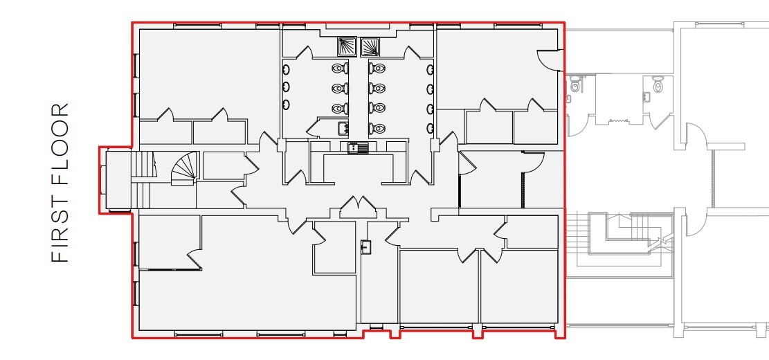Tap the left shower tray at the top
(347, 46)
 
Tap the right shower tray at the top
(370, 46)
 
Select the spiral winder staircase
(184, 169)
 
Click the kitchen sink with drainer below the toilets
(358, 147)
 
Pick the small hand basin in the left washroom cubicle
(342, 127)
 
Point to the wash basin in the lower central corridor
(365, 246)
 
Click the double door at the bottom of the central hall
(356, 207)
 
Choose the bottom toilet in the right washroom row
(377, 128)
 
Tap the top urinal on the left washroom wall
(286, 69)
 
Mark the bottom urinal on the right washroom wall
(430, 128)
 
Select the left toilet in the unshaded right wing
(575, 85)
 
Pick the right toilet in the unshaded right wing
(658, 85)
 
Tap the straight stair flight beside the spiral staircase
(142, 166)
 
